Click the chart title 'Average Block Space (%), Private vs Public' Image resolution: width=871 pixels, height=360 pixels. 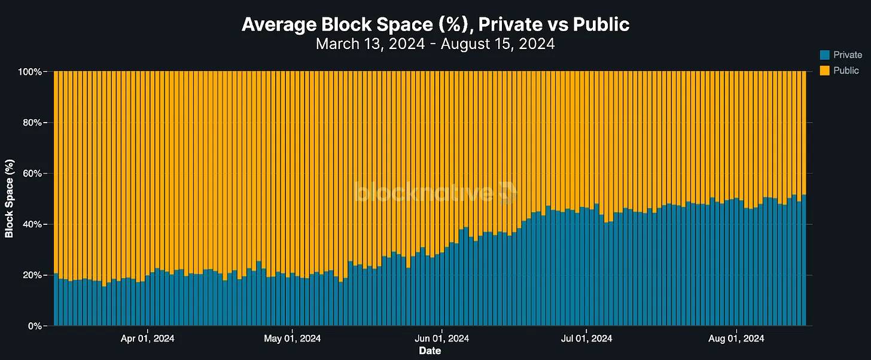435,25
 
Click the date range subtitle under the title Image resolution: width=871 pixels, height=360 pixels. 435,44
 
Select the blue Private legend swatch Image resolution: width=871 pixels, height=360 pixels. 825,55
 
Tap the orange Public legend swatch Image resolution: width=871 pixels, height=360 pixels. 825,71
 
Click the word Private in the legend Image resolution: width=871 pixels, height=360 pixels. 848,55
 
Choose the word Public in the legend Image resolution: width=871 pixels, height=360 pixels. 846,71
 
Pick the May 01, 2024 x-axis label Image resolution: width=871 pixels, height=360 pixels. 292,338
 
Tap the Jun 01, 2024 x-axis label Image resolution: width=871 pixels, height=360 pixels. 441,338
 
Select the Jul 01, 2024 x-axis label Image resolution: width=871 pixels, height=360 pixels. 586,338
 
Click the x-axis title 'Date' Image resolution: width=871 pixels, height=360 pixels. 430,351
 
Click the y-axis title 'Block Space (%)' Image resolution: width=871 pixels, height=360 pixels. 10,199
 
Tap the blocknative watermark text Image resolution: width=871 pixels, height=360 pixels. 425,193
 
